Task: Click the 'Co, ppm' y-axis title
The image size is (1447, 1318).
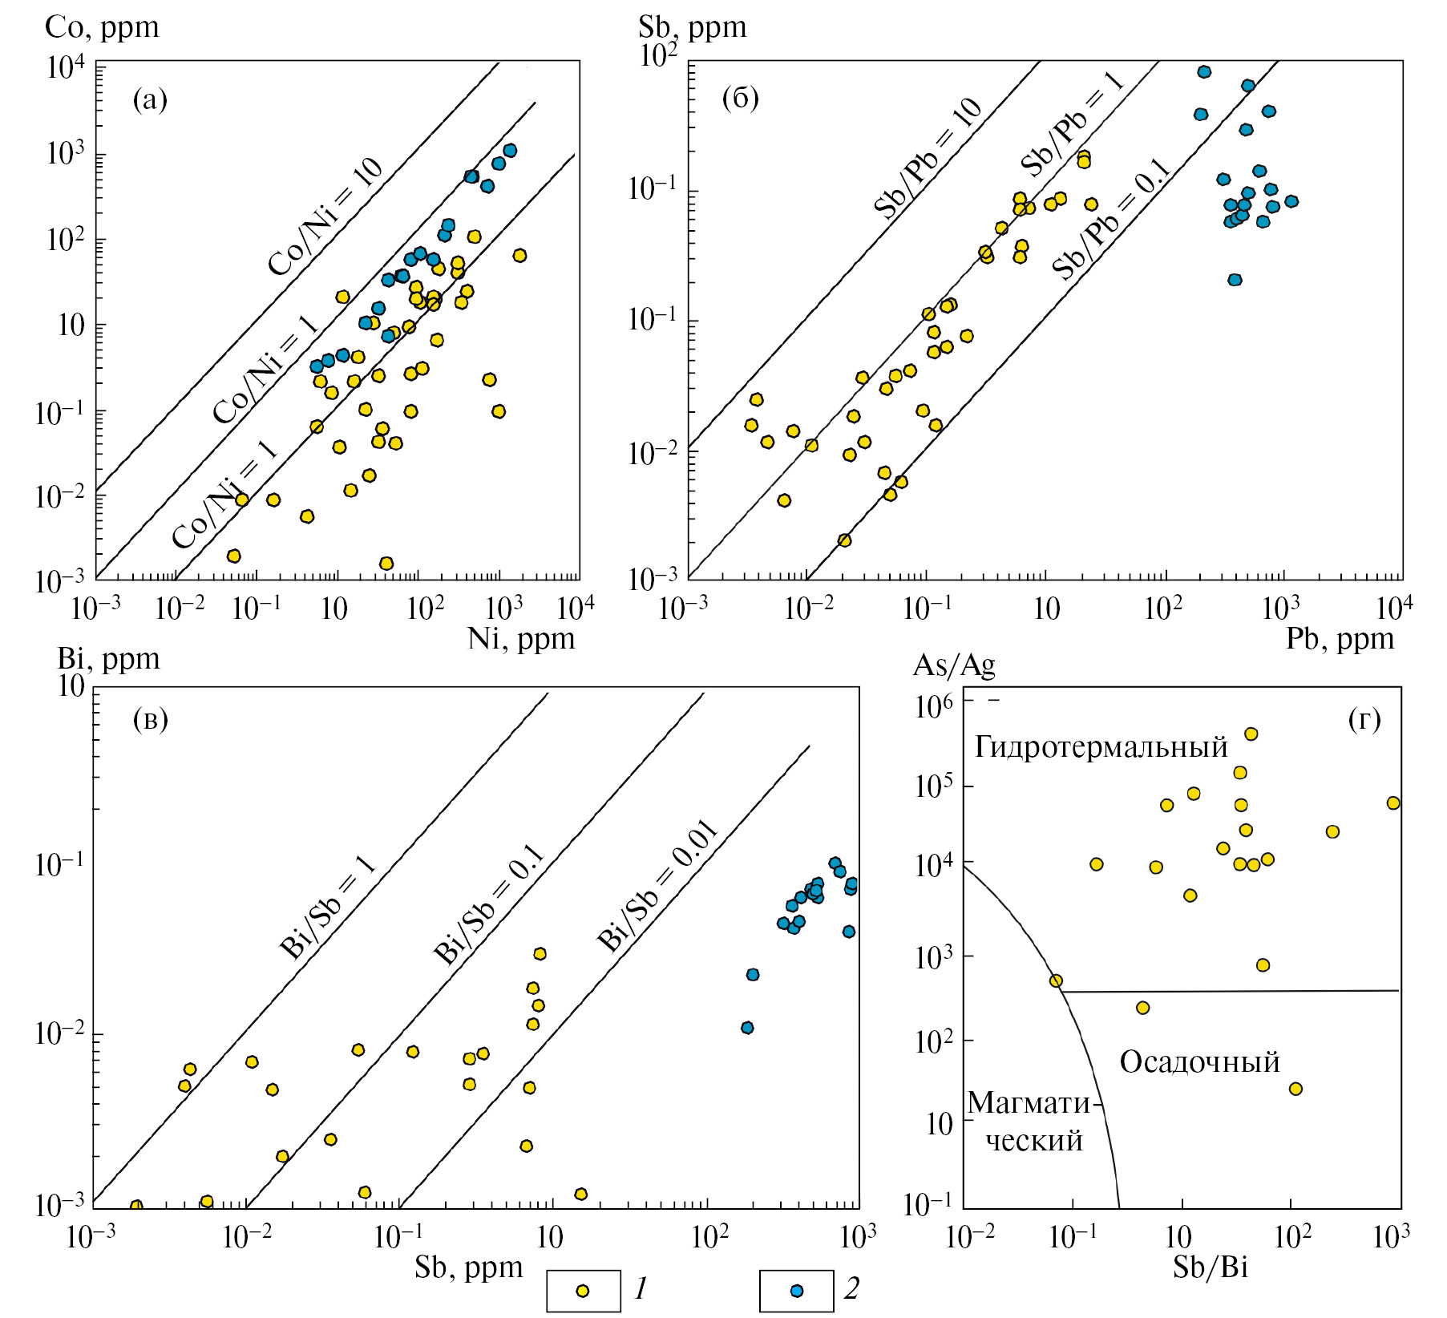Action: coord(102,27)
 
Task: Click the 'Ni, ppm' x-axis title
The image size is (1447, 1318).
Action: coord(521,639)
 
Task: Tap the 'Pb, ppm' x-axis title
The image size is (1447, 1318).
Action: coord(1340,639)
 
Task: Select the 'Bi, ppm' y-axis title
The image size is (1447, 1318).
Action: coord(108,659)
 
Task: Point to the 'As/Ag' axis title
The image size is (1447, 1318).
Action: coord(954,665)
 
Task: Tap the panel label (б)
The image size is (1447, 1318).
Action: coord(740,98)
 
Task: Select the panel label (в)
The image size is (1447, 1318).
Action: coord(150,719)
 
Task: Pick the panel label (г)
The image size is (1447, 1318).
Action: coord(1364,719)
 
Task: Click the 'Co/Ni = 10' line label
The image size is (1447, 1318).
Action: coord(325,216)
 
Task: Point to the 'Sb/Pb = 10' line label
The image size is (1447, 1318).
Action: coord(928,158)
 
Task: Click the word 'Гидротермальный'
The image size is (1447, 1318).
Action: coord(1101,747)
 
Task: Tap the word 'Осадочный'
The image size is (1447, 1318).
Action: coord(1199,1062)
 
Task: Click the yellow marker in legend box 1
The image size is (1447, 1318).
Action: coord(583,1291)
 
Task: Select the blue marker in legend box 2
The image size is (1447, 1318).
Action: coord(797,1291)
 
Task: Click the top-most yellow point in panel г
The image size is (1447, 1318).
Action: coord(1251,734)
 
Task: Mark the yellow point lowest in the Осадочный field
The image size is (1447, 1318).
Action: coord(1295,1089)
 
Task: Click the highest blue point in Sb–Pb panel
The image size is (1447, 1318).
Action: coord(1204,71)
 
